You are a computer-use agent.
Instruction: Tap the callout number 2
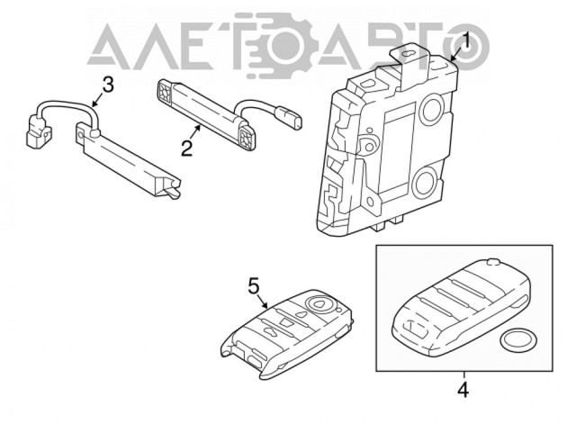coord(187,148)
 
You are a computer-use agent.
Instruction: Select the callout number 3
coord(107,84)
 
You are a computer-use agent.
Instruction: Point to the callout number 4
coord(463,390)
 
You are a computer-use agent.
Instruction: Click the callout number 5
coord(254,285)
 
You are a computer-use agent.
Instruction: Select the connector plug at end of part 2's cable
coord(290,118)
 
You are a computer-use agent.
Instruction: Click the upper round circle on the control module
coord(432,110)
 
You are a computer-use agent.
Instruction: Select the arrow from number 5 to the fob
coord(264,302)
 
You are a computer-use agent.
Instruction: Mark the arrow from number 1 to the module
coord(456,55)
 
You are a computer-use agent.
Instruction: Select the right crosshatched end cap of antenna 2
coord(247,136)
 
